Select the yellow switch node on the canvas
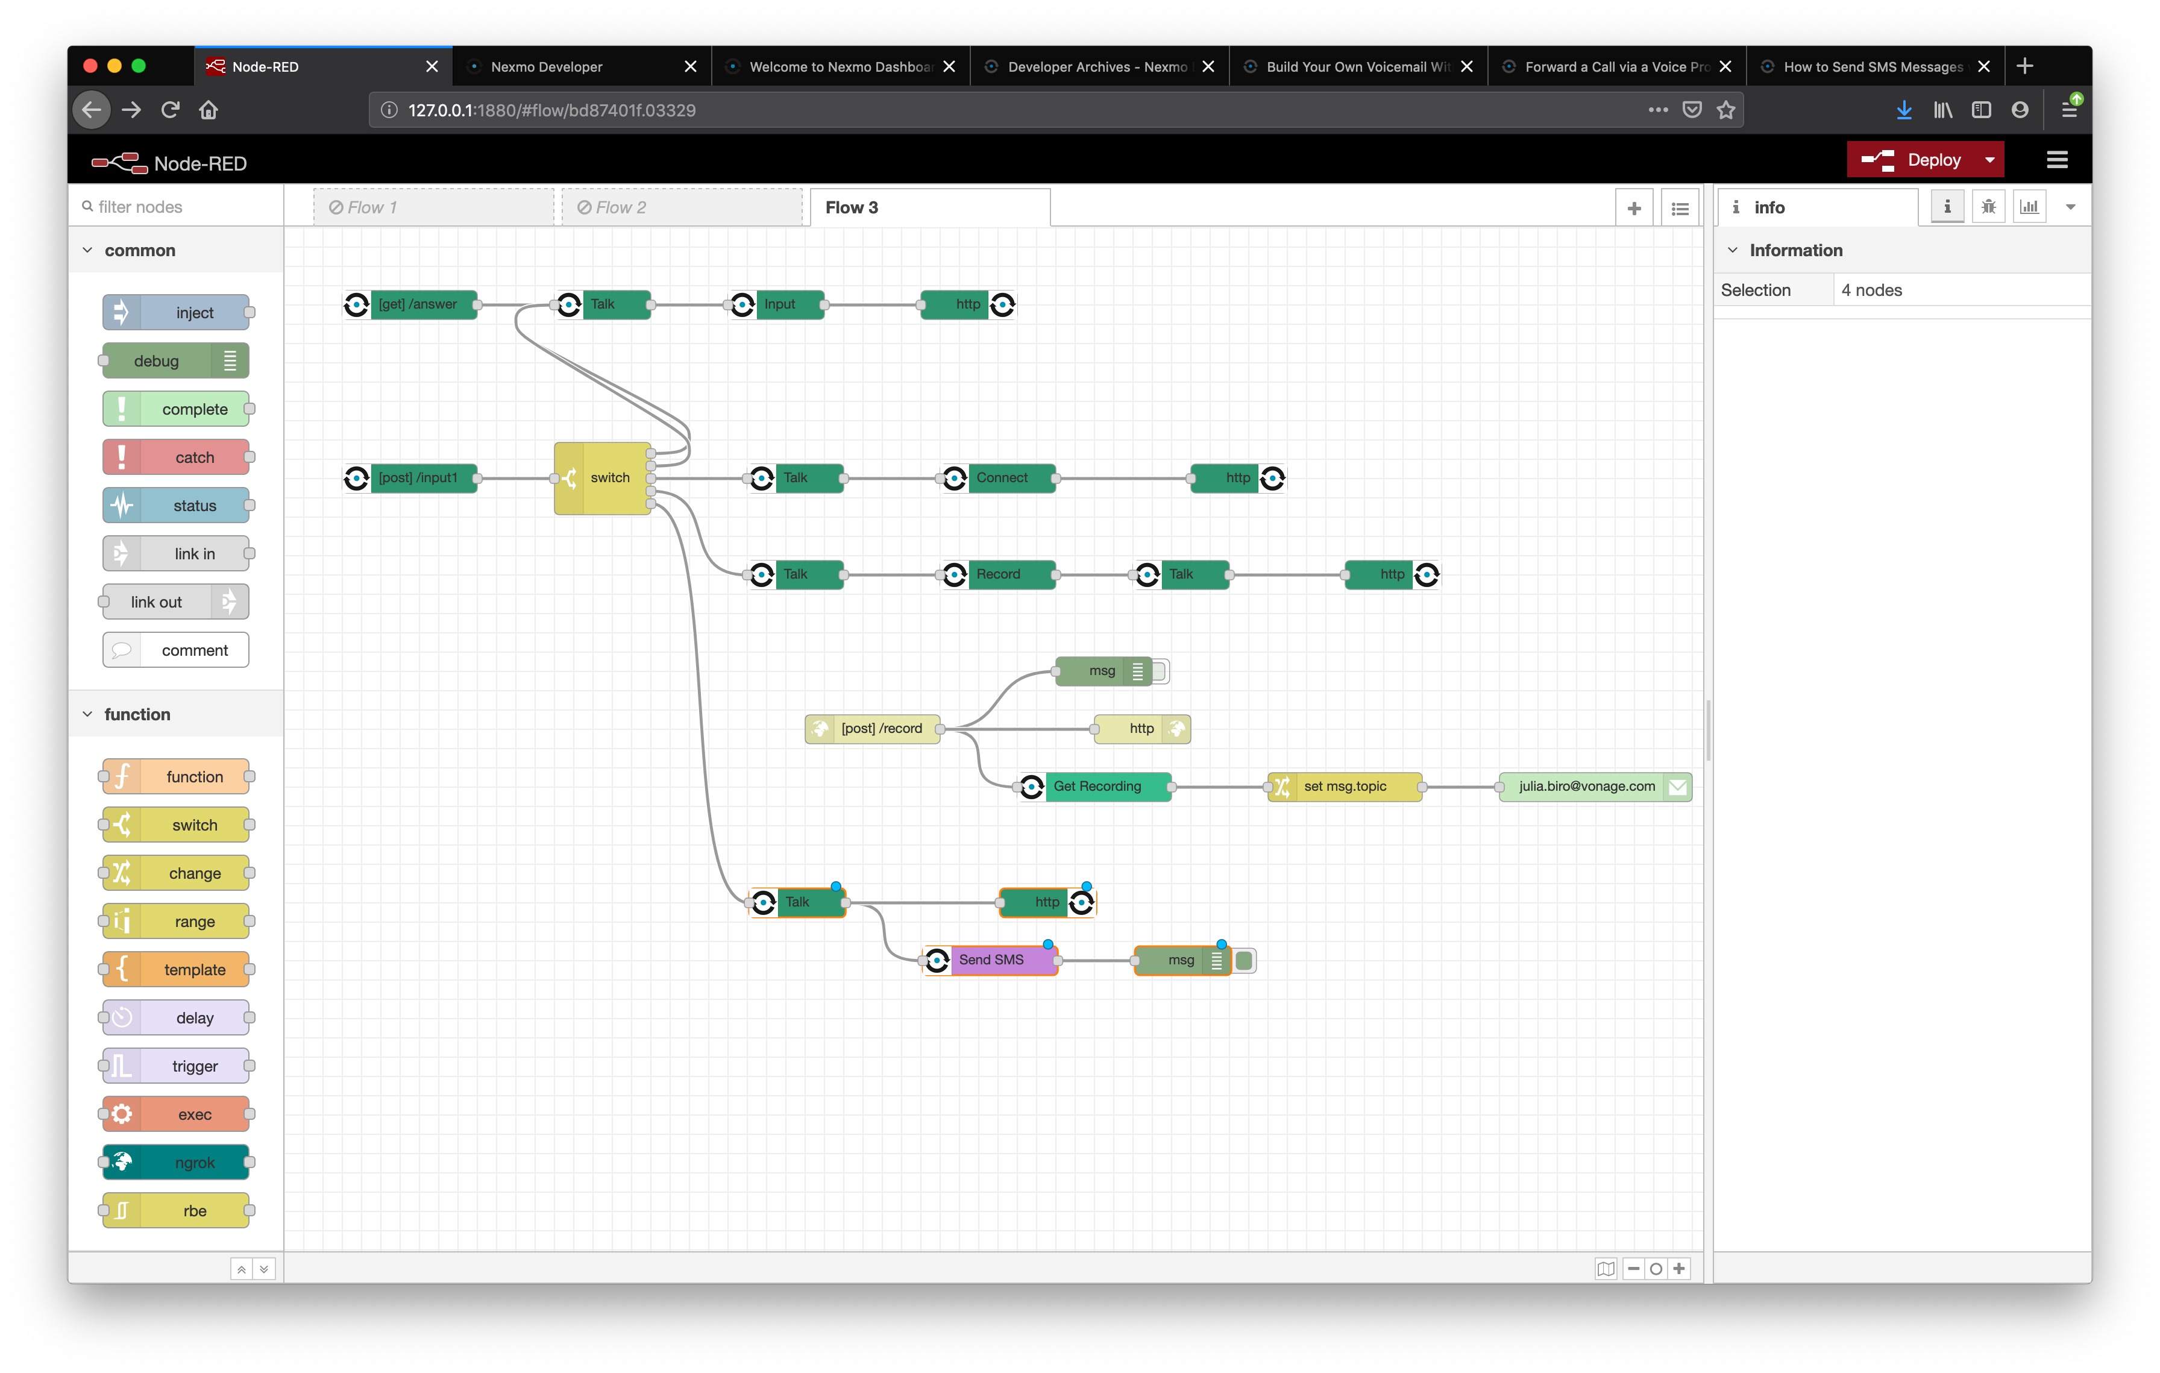603,478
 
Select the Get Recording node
1095,787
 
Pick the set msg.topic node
1345,787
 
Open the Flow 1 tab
434,207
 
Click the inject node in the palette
176,313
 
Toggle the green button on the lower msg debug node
1244,961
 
